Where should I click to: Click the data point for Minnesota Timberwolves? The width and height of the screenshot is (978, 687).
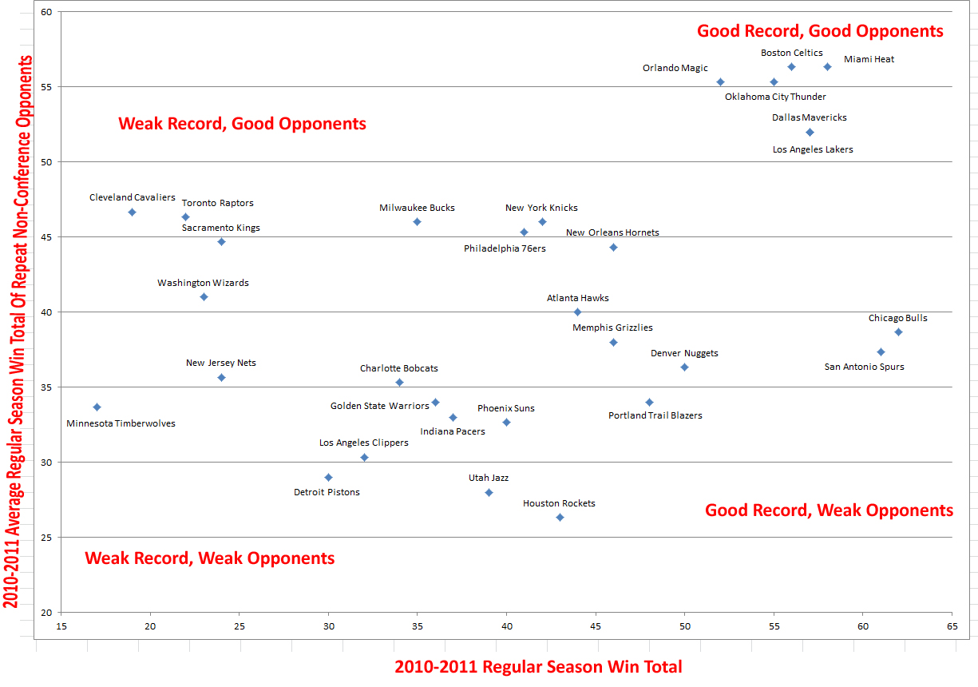click(x=97, y=407)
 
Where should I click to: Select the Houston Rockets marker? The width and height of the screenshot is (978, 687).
click(x=560, y=518)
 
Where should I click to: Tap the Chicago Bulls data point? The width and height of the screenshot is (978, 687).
click(x=898, y=332)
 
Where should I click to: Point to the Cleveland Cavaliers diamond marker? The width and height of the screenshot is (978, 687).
click(x=132, y=212)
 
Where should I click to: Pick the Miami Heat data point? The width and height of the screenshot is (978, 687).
click(x=827, y=67)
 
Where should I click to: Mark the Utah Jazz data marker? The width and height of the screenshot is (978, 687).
click(x=489, y=493)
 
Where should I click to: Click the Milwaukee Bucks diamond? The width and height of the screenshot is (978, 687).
click(x=417, y=222)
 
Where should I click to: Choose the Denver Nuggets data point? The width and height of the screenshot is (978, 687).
click(x=684, y=367)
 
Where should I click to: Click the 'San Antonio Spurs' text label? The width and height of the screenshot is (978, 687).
click(x=864, y=367)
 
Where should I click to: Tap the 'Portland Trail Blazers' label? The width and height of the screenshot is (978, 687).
click(x=655, y=415)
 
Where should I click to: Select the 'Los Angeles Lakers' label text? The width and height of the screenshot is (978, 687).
click(x=813, y=149)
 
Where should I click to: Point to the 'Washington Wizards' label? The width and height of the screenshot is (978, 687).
click(x=203, y=283)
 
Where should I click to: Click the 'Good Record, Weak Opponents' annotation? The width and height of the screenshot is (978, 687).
click(x=829, y=510)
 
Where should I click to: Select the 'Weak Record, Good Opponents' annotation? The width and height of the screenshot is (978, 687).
click(x=242, y=124)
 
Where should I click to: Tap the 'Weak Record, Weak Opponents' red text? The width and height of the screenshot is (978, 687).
click(x=210, y=558)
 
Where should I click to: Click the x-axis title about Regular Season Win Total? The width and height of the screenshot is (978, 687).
click(x=538, y=666)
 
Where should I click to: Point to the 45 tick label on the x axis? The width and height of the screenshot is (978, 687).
click(x=595, y=625)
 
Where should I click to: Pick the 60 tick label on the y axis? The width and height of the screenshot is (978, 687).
click(x=46, y=12)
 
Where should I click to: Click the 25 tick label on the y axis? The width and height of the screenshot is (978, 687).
click(x=46, y=538)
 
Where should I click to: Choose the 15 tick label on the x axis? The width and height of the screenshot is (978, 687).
click(x=61, y=625)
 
